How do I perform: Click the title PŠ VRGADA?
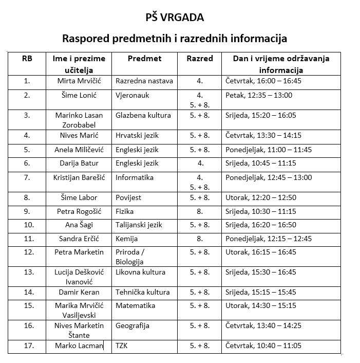(x=174, y=17)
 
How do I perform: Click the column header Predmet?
(x=144, y=59)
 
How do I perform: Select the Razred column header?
(x=199, y=59)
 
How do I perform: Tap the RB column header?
(x=27, y=59)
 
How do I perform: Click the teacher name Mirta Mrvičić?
(x=79, y=81)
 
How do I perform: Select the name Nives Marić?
(x=79, y=136)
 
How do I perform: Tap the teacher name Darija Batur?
(x=79, y=164)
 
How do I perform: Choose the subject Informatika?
(x=135, y=178)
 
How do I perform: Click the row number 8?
(x=27, y=197)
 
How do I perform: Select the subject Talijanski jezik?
(x=139, y=225)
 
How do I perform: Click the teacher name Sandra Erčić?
(x=79, y=239)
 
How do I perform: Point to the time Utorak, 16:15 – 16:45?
(x=261, y=252)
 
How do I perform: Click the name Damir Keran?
(x=79, y=292)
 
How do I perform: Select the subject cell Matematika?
(x=136, y=305)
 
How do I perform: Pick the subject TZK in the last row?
(x=122, y=346)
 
